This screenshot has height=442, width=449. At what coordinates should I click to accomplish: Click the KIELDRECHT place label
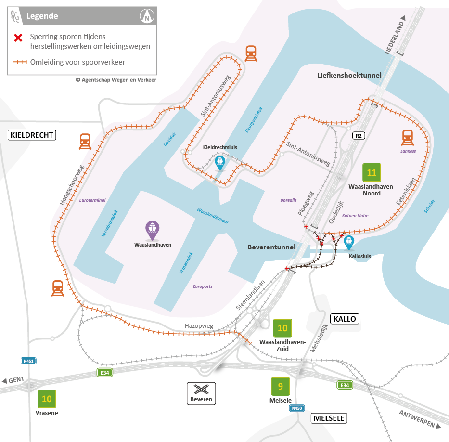tap(32, 135)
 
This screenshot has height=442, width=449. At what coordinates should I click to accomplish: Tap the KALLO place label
tap(345, 319)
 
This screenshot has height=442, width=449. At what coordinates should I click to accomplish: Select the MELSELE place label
tap(329, 418)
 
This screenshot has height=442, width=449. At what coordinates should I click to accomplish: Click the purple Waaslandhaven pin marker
tap(153, 230)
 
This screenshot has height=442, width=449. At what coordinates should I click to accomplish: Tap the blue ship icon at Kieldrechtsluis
tap(220, 162)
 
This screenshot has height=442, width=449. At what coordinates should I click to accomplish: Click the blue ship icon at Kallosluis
tap(348, 243)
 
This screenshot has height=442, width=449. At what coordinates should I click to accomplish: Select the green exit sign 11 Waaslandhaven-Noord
tap(372, 172)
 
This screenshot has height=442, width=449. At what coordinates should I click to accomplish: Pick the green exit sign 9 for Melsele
tap(280, 386)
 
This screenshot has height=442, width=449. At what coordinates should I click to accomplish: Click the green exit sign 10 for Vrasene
tap(47, 399)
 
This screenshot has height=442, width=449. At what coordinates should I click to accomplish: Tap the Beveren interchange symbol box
tap(201, 393)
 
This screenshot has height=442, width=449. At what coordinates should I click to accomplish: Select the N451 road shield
tap(29, 361)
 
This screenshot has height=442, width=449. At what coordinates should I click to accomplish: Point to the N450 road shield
tap(297, 408)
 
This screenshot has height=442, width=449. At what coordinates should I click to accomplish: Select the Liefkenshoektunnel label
tap(349, 75)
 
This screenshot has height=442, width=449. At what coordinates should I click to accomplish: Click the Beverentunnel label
tap(271, 247)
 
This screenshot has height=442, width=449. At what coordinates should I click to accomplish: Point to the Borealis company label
tap(289, 200)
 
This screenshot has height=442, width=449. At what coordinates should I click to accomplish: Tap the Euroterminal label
tap(92, 200)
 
